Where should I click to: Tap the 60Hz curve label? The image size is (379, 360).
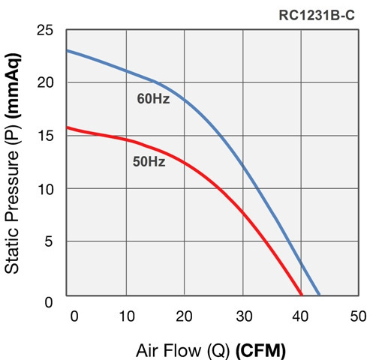pos(153,98)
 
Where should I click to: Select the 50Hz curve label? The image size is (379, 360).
pos(149,160)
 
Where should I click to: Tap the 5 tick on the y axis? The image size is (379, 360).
pos(49,241)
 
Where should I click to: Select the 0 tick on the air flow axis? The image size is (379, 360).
pos(73,315)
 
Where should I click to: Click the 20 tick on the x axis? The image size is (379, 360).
pos(185,315)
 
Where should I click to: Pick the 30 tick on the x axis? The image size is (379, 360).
pos(243,315)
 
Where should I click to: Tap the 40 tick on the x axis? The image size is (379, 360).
pos(301,315)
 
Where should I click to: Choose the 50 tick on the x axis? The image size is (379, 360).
pos(358,315)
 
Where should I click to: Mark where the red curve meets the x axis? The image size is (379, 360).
pos(301,295)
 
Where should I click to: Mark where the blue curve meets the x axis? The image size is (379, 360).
pos(320,295)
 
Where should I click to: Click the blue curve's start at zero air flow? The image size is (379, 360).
pos(68,51)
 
